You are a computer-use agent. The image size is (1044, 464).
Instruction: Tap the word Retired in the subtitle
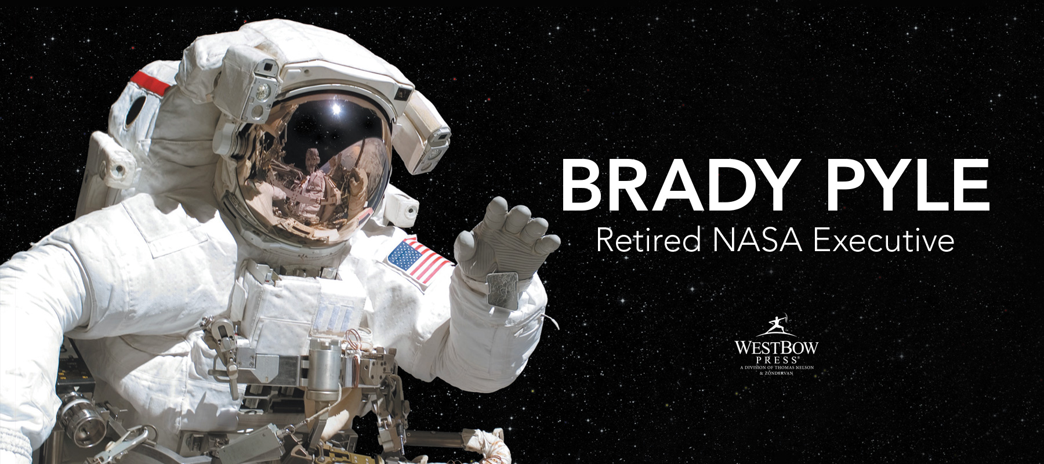(648, 240)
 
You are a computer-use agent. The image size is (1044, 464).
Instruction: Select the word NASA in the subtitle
(757, 240)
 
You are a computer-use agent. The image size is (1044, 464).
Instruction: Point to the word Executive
(884, 240)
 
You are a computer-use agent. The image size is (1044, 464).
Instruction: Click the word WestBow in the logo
(776, 347)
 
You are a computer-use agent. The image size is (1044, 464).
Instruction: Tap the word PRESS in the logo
(777, 360)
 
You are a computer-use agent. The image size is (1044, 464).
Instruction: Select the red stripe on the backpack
(151, 82)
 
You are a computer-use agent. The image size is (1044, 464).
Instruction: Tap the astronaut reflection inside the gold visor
(314, 180)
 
